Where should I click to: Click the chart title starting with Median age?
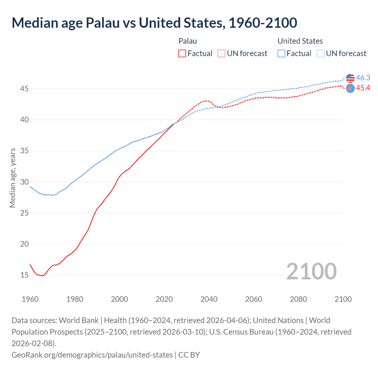(154, 23)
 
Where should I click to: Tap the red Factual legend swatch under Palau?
(182, 53)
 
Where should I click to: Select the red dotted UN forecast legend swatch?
(221, 53)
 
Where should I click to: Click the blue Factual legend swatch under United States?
(281, 53)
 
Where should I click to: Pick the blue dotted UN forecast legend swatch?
(321, 53)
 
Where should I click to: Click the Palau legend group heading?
(188, 41)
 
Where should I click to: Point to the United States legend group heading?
(300, 41)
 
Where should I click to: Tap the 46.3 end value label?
(363, 78)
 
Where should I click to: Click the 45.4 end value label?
(363, 88)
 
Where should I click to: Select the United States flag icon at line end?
(350, 78)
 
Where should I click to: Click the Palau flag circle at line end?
(350, 88)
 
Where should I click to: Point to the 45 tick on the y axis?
(25, 89)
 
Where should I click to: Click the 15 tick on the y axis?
(25, 275)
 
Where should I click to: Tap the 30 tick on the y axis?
(25, 182)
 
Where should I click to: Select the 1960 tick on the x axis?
(30, 299)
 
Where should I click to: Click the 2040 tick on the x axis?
(209, 299)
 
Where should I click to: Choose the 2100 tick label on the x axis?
(343, 299)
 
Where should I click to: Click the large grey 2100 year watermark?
(311, 271)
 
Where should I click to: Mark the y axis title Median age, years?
(12, 178)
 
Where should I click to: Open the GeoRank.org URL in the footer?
(92, 355)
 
